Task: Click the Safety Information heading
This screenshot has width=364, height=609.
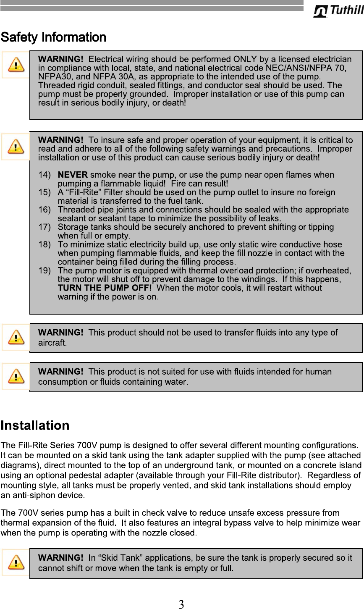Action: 53,38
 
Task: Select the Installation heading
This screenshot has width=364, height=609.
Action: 35,425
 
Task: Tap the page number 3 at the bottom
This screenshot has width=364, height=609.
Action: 181,604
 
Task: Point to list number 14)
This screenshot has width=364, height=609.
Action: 45,175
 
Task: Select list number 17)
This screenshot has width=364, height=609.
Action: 45,227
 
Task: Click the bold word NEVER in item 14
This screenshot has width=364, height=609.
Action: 73,175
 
